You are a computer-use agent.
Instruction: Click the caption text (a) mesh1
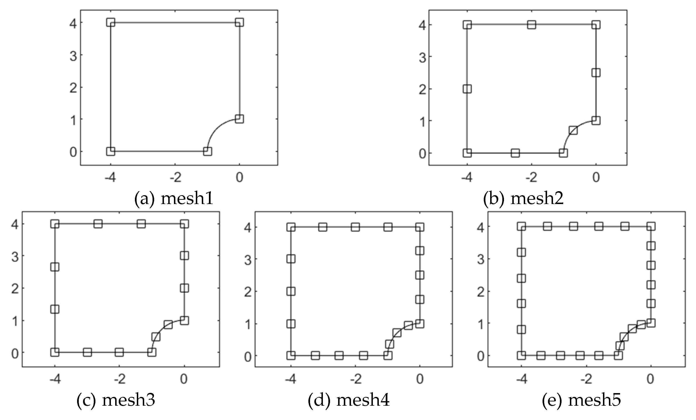pyautogui.click(x=173, y=199)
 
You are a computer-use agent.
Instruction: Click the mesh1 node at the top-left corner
pyautogui.click(x=111, y=22)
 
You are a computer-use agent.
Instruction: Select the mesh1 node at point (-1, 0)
pyautogui.click(x=207, y=151)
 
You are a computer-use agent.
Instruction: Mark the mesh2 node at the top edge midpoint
pyautogui.click(x=532, y=25)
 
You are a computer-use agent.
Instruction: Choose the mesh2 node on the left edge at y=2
pyautogui.click(x=467, y=89)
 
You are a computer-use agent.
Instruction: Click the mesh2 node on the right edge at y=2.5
pyautogui.click(x=596, y=73)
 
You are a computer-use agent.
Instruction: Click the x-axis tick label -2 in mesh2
pyautogui.click(x=531, y=177)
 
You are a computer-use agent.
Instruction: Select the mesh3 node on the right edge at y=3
pyautogui.click(x=184, y=256)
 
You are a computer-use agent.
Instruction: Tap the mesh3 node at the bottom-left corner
pyautogui.click(x=55, y=352)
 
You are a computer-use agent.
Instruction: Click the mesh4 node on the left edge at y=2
pyautogui.click(x=291, y=291)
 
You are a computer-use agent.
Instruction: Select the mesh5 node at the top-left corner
pyautogui.click(x=521, y=226)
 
